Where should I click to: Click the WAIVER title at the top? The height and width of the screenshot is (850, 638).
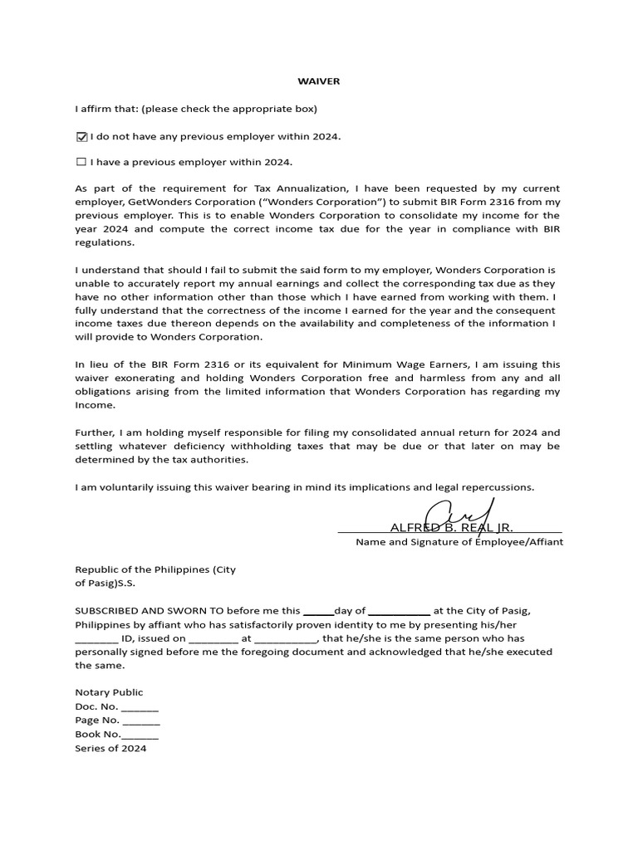[x=319, y=81]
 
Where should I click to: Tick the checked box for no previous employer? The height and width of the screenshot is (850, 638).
[x=81, y=137]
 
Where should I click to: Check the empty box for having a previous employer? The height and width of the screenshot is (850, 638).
[x=81, y=162]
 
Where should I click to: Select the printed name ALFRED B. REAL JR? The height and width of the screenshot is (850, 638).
[x=451, y=528]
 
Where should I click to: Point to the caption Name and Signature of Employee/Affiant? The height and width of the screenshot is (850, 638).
[x=459, y=542]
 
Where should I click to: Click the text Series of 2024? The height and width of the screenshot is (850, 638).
[x=110, y=749]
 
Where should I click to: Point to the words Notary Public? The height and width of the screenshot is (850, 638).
[x=109, y=692]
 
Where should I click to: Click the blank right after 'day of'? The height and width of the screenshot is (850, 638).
[x=399, y=612]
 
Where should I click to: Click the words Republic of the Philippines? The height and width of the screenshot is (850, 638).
[x=142, y=569]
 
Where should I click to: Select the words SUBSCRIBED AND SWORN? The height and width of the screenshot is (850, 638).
[x=141, y=611]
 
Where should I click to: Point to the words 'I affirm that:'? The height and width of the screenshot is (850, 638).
[x=106, y=109]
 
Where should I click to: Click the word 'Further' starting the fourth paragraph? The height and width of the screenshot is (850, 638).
[x=96, y=432]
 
